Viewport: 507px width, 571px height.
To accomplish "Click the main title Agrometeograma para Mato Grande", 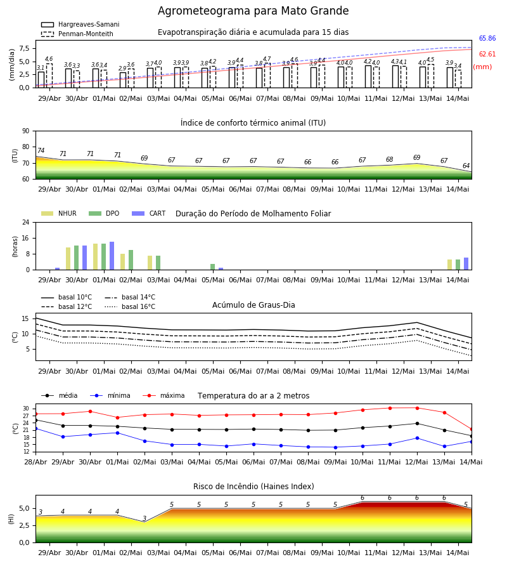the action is tap(253, 11).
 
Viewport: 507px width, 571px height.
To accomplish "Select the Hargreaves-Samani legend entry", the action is tap(80, 24).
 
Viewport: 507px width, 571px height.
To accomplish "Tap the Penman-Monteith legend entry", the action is tap(77, 34).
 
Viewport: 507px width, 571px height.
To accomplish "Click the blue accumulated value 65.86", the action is tap(487, 38).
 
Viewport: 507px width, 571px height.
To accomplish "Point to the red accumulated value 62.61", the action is tap(487, 55).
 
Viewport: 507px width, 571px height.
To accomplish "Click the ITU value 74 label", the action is tap(41, 150).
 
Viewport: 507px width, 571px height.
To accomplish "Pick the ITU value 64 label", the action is tap(466, 166).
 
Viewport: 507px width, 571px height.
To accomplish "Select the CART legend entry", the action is tap(149, 213).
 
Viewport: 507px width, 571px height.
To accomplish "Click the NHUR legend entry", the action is tap(59, 213).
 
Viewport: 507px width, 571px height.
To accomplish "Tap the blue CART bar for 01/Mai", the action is tap(112, 256).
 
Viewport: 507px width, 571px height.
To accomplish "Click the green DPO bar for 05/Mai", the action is tap(213, 267).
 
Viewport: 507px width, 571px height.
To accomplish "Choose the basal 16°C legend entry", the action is tap(130, 306).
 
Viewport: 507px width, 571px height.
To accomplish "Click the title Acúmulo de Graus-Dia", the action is tap(253, 305).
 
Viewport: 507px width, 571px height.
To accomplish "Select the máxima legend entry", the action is tap(164, 395).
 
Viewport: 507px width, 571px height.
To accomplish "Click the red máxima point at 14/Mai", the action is tap(472, 430).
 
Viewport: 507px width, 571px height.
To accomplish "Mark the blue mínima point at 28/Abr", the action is tap(35, 429).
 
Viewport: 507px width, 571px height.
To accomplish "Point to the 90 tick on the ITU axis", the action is tap(26, 131).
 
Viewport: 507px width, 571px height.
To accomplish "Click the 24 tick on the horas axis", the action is tap(26, 222).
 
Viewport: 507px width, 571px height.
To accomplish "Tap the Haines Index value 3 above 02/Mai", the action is tap(144, 518).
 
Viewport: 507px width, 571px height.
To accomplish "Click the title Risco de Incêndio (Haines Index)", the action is tap(253, 487).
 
